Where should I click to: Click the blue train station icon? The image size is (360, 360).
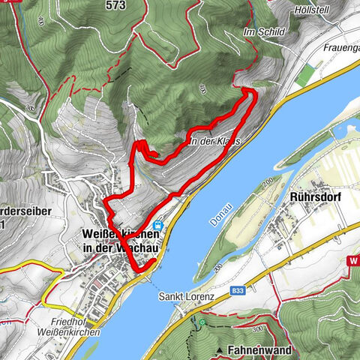coord(157,225)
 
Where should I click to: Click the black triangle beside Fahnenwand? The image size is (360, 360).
coord(219,350)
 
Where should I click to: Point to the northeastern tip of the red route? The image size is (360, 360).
coord(251,91)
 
